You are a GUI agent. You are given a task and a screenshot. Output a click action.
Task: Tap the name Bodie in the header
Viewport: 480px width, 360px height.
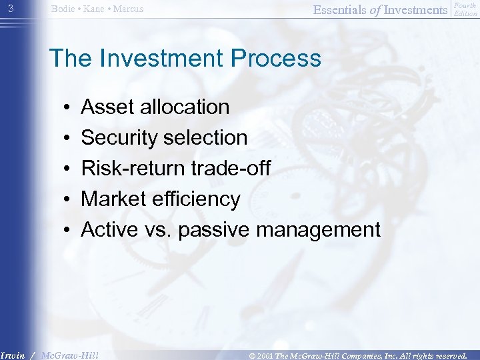(x=63, y=9)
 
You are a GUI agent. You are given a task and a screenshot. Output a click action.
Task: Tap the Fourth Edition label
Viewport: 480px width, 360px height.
(x=465, y=9)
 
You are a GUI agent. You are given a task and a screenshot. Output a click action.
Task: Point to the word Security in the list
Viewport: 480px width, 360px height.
(x=119, y=138)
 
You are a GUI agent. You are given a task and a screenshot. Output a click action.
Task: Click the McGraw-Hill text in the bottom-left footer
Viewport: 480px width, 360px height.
(x=70, y=355)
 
